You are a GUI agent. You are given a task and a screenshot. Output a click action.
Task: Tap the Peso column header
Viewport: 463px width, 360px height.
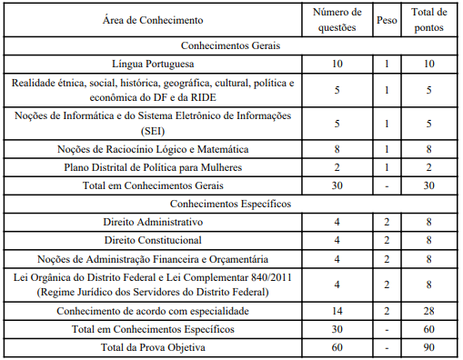pos(387,19)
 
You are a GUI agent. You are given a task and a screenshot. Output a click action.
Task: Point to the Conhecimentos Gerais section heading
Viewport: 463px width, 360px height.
pos(230,45)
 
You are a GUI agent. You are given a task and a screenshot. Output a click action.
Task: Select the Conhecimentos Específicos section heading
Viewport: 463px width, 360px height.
pos(230,204)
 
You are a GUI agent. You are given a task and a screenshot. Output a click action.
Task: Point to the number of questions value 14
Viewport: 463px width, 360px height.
pos(337,311)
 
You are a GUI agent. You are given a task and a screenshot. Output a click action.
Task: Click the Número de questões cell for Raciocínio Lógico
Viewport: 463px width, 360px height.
pos(337,148)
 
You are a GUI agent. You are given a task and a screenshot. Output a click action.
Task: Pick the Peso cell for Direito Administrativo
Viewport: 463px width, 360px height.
pos(387,223)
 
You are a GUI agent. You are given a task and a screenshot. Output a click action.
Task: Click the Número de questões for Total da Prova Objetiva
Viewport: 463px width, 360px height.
pos(337,346)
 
